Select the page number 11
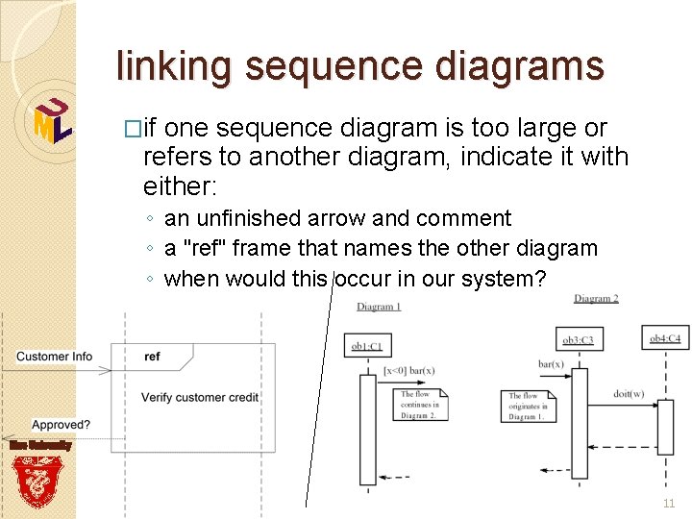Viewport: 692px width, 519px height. point(669,504)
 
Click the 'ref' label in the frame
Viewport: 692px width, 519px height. point(152,357)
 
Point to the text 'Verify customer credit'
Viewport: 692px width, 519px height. point(200,397)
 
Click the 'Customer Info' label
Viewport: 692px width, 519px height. point(55,357)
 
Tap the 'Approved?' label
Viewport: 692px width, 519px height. point(62,425)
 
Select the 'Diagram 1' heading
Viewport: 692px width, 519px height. point(379,307)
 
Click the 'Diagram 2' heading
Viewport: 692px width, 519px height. point(596,299)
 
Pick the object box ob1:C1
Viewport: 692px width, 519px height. point(367,345)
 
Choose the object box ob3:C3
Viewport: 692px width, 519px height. point(578,339)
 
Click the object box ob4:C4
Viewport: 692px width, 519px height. point(664,338)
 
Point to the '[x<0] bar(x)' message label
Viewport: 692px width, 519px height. point(408,370)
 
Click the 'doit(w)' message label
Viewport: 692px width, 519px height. point(629,393)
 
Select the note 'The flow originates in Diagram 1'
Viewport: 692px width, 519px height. point(527,406)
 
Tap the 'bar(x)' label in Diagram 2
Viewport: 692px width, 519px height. point(551,364)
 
